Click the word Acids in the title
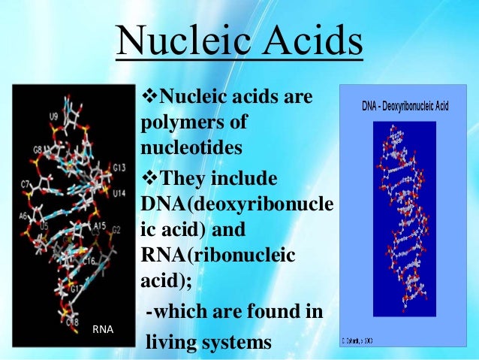click(x=308, y=44)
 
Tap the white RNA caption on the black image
click(x=101, y=328)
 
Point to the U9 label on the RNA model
click(x=53, y=116)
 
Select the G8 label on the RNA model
click(x=38, y=150)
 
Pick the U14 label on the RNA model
click(x=119, y=193)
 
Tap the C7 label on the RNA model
click(x=26, y=183)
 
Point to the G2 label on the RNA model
click(x=116, y=229)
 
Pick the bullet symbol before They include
click(x=146, y=179)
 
